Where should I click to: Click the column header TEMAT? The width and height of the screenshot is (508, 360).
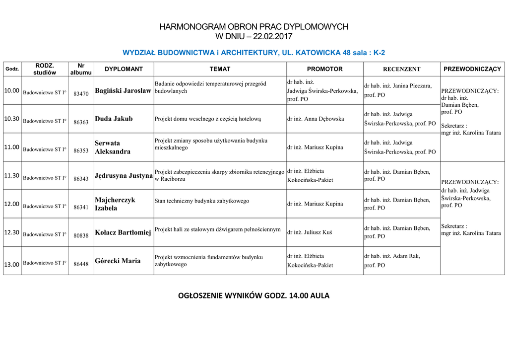coord(220,69)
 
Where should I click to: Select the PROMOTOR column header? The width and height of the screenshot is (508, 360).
coord(324,69)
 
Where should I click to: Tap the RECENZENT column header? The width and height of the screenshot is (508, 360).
coord(401,69)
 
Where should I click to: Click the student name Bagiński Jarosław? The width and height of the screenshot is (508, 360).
coord(123,90)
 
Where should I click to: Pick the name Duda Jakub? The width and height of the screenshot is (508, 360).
coord(114,119)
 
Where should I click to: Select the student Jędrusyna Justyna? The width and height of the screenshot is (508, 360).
coord(124,175)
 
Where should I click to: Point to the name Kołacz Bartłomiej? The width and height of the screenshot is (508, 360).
coord(123,232)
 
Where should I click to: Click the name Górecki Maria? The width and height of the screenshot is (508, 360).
coord(118,261)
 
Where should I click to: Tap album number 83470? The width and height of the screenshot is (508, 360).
coord(81,93)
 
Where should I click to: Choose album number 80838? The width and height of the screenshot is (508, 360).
coord(81,235)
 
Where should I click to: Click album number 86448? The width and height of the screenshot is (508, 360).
coord(81,264)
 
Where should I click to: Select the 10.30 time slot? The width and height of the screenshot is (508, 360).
coord(11,119)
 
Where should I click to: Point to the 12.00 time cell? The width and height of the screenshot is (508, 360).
coord(11,204)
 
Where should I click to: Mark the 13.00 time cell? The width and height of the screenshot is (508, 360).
coord(11,264)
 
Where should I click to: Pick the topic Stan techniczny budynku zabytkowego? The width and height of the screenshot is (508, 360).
coord(202,201)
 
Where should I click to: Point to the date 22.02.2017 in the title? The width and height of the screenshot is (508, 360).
coord(272,36)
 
